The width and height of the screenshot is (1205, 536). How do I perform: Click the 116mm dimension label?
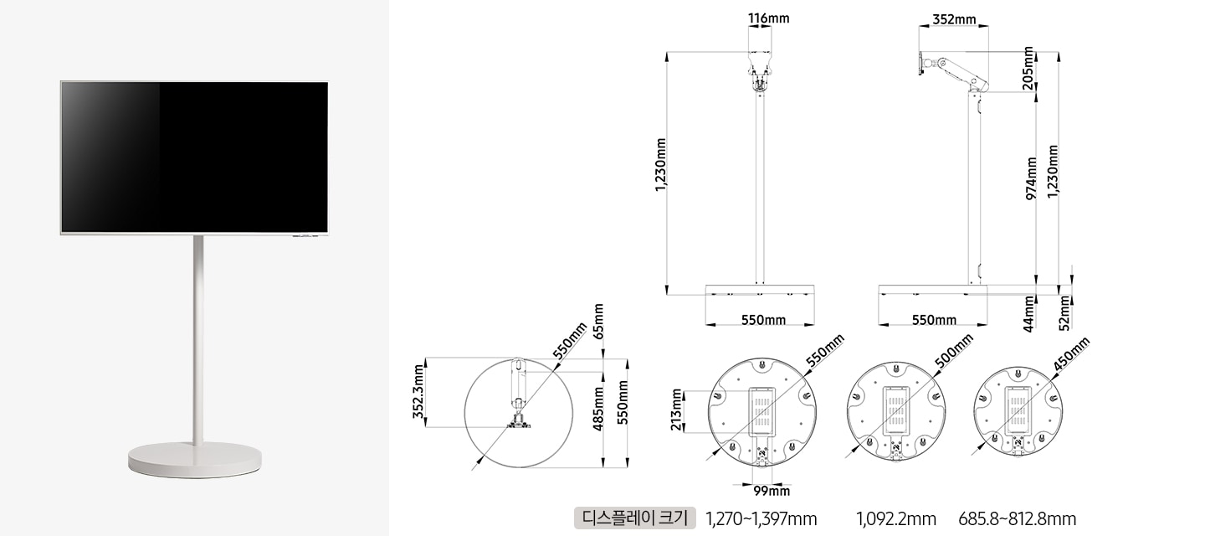[769, 18]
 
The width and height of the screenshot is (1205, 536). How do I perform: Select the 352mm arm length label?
[954, 19]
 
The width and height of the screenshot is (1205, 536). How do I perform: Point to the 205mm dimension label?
[1028, 68]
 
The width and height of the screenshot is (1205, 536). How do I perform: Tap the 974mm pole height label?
[1031, 178]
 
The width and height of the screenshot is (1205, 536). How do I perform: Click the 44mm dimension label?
[1028, 314]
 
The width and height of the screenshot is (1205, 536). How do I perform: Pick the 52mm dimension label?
[1064, 312]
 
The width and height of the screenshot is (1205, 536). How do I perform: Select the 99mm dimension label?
[772, 491]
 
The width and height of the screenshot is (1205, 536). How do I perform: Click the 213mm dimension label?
[677, 410]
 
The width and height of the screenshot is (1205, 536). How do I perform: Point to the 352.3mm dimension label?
[419, 391]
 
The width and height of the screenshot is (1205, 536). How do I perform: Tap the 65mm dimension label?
[598, 322]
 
